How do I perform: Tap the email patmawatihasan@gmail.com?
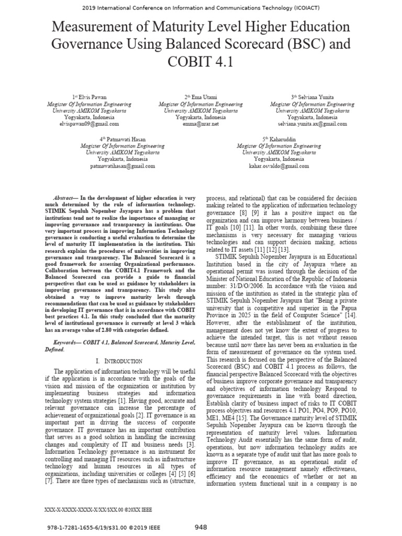click(122, 165)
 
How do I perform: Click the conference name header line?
click(201, 8)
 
